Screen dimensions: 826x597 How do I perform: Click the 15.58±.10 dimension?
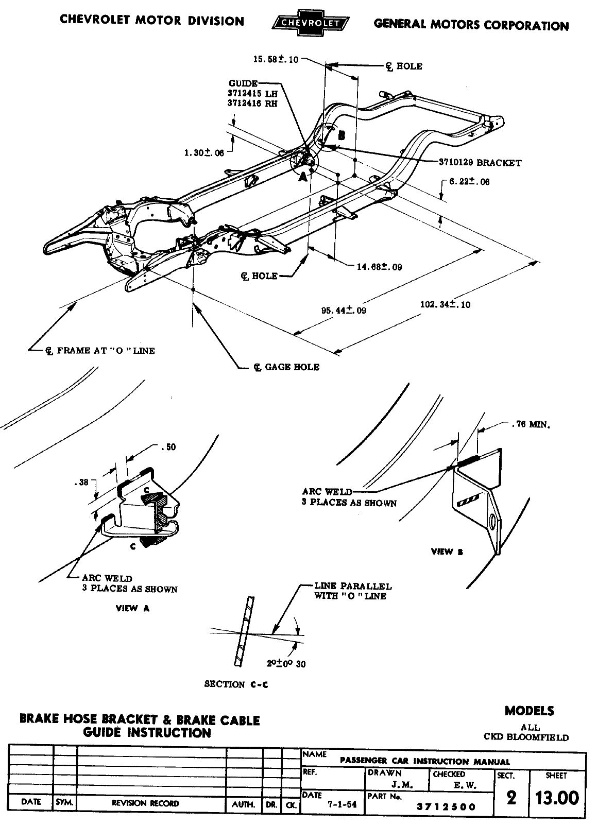tap(276, 59)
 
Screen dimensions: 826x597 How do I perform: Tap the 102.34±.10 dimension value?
tap(446, 304)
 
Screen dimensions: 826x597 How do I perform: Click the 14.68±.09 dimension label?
tap(380, 267)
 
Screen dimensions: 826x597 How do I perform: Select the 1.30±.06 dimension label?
tap(204, 152)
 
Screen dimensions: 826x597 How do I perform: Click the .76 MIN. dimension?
tap(531, 425)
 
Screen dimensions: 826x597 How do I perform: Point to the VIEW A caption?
tap(133, 608)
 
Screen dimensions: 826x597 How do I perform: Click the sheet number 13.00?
tap(557, 798)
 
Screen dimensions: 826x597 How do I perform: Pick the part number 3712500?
tap(446, 807)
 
